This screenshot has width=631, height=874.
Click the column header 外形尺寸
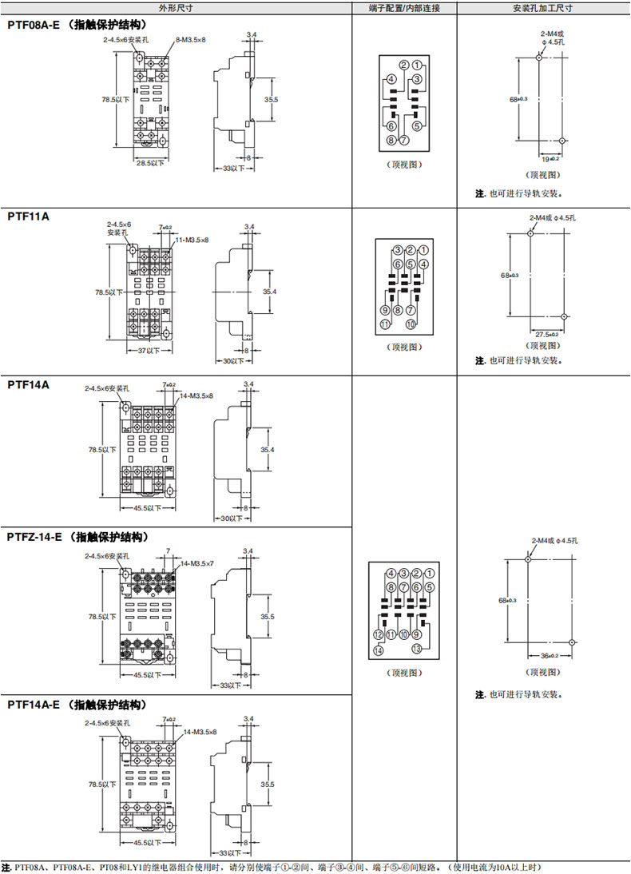coord(177,9)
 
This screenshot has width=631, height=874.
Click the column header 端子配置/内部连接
coord(404,9)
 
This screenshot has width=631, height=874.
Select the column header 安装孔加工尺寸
coord(543,9)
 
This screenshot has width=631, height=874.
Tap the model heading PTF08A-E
coord(34,25)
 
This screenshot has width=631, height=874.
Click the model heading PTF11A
coord(28,217)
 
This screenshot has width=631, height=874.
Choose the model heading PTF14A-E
coord(34,705)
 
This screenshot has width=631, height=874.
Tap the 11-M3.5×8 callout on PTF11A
coord(190,240)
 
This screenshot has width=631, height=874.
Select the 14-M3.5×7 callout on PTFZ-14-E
coord(196,564)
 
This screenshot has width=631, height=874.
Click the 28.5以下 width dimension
coord(149,163)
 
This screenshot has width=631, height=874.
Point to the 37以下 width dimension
coord(144,350)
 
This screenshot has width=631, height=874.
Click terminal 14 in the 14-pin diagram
coord(378,651)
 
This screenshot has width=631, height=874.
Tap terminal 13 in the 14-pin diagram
coord(416,649)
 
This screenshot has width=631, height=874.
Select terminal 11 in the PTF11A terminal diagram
coord(384,324)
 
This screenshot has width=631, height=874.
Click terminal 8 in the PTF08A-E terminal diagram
coord(391,141)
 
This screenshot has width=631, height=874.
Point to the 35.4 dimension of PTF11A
coord(268,292)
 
